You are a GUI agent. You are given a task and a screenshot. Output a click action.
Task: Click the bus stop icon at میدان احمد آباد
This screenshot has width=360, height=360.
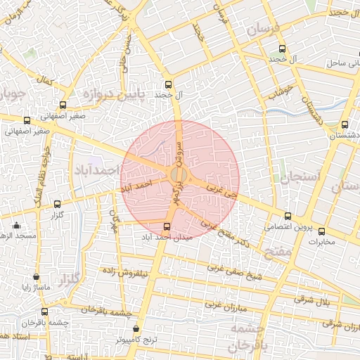pos(167,226)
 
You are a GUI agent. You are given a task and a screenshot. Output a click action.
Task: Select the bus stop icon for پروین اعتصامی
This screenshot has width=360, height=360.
pos(288,216)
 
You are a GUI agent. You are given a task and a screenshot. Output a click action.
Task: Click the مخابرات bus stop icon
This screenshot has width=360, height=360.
pos(321,231)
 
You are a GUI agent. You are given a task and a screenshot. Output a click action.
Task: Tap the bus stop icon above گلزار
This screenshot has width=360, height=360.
pos(57,204)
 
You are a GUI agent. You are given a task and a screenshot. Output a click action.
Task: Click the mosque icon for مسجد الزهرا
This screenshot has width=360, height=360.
pos(17,225)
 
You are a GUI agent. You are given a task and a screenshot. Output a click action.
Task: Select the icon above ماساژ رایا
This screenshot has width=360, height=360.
pos(36,277)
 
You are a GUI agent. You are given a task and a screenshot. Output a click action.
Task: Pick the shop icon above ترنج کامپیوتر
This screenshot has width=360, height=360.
pos(136,328)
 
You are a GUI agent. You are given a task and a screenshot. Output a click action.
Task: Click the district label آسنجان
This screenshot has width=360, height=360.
pos(300,176)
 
